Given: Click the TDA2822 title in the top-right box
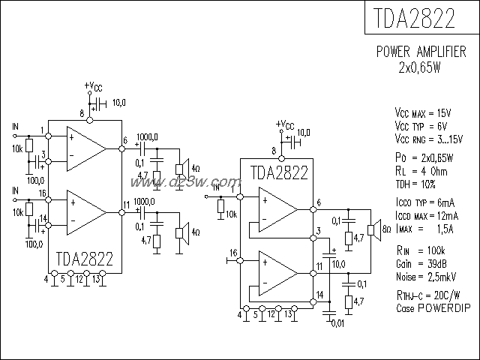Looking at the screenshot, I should click(x=421, y=19).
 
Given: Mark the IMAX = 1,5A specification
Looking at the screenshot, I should click(x=424, y=228).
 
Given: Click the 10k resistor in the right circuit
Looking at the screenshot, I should click(x=220, y=206).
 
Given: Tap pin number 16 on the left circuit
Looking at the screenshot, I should click(x=42, y=193).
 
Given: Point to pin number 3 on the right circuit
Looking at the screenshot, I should click(x=319, y=230).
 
